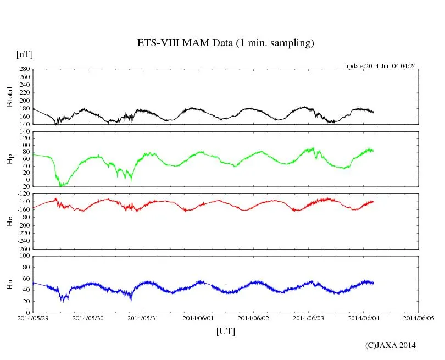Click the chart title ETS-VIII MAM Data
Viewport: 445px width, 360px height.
click(225, 43)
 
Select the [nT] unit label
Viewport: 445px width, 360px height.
click(24, 54)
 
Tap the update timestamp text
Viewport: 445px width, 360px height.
click(381, 66)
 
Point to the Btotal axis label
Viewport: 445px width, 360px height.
click(9, 97)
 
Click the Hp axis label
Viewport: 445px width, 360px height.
click(9, 159)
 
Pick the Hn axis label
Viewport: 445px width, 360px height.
click(9, 284)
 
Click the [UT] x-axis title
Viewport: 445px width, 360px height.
click(226, 331)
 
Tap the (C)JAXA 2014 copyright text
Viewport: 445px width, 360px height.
click(390, 345)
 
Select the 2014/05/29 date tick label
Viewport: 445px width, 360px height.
click(32, 318)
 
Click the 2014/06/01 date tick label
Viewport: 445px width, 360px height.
click(198, 318)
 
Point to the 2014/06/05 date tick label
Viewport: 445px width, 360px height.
click(419, 318)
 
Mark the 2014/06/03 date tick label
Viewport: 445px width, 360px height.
click(308, 318)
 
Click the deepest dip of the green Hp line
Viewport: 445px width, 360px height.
click(62, 186)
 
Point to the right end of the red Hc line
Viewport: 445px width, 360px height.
click(373, 202)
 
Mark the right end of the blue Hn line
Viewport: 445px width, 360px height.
click(373, 283)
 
